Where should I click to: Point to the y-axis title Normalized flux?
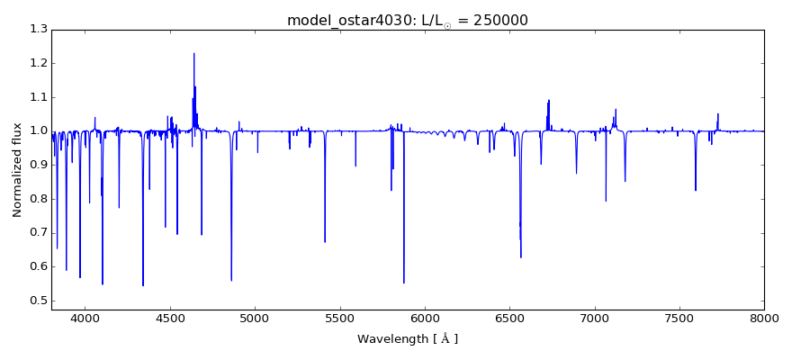(18, 169)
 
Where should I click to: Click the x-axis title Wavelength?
(408, 339)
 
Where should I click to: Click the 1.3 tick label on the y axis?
(38, 30)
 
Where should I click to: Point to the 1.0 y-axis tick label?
(38, 131)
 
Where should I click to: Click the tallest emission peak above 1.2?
(193, 53)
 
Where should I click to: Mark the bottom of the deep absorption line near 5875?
(403, 283)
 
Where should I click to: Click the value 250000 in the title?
(496, 20)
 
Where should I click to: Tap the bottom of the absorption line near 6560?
(520, 257)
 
